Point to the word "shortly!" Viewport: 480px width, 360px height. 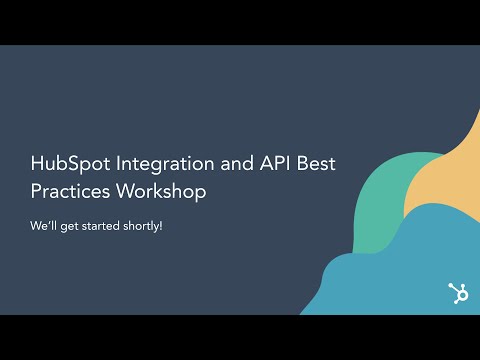point(156,225)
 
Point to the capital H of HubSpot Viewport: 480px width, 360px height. point(37,163)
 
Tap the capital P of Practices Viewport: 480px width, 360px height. point(36,190)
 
